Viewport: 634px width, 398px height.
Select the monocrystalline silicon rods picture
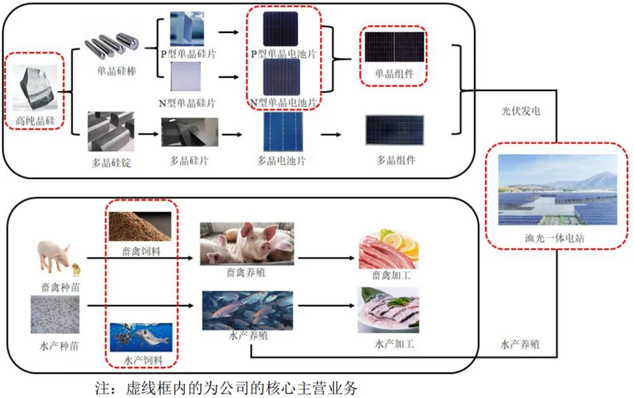116,46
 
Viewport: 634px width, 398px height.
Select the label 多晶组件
396,160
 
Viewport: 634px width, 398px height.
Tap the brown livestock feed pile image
140,227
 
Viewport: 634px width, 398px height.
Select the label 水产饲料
140,360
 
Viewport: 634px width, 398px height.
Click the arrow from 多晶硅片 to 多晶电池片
233,134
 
